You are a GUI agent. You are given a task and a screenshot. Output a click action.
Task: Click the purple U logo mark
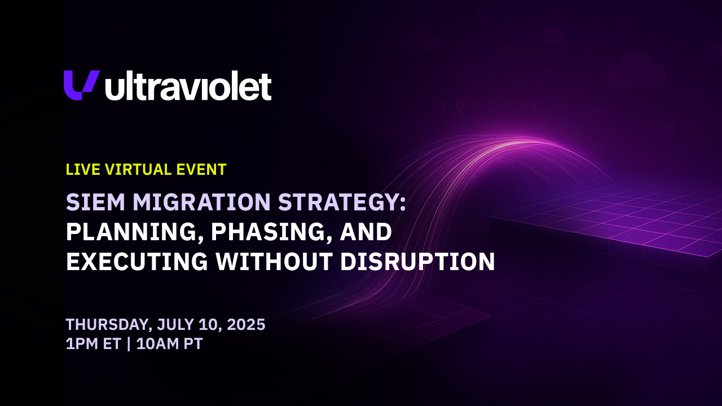pyautogui.click(x=81, y=85)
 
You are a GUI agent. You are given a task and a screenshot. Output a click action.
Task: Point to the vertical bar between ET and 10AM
pyautogui.click(x=129, y=344)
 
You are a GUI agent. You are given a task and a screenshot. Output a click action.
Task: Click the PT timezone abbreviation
pyautogui.click(x=193, y=344)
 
